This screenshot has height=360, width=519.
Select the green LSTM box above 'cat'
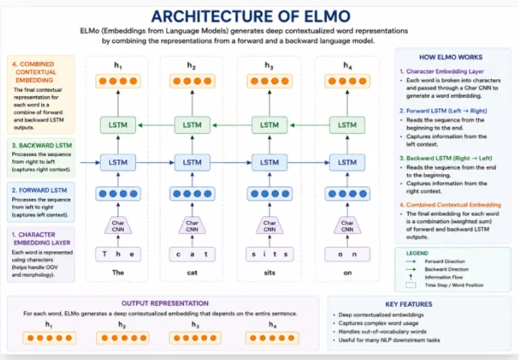coord(192,125)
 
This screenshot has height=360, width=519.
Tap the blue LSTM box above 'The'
coord(118,163)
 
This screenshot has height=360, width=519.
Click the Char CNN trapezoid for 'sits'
coord(269,226)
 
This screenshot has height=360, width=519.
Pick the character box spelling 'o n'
coord(347,255)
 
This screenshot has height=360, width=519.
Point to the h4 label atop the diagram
coord(347,65)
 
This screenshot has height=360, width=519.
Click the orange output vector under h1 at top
coord(118,81)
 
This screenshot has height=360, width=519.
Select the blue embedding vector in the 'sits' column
coord(269,194)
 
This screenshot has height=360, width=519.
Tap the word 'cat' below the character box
coord(192,272)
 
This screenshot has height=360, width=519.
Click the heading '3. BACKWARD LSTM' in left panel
coord(42,145)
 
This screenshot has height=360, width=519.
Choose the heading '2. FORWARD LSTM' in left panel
coord(39,190)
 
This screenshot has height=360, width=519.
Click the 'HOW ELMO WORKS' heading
coord(451,57)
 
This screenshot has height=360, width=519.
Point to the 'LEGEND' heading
coord(417,253)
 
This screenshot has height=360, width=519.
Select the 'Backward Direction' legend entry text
coord(446,269)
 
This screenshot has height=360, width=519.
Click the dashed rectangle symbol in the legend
coord(411,285)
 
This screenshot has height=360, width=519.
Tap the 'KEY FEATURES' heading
coord(409,304)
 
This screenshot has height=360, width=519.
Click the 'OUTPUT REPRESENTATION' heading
coord(165,303)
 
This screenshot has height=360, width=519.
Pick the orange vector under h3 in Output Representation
coord(195,338)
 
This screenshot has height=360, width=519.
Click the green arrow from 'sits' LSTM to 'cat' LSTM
coord(232,125)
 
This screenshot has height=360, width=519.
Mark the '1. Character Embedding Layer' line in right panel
coord(441,71)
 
